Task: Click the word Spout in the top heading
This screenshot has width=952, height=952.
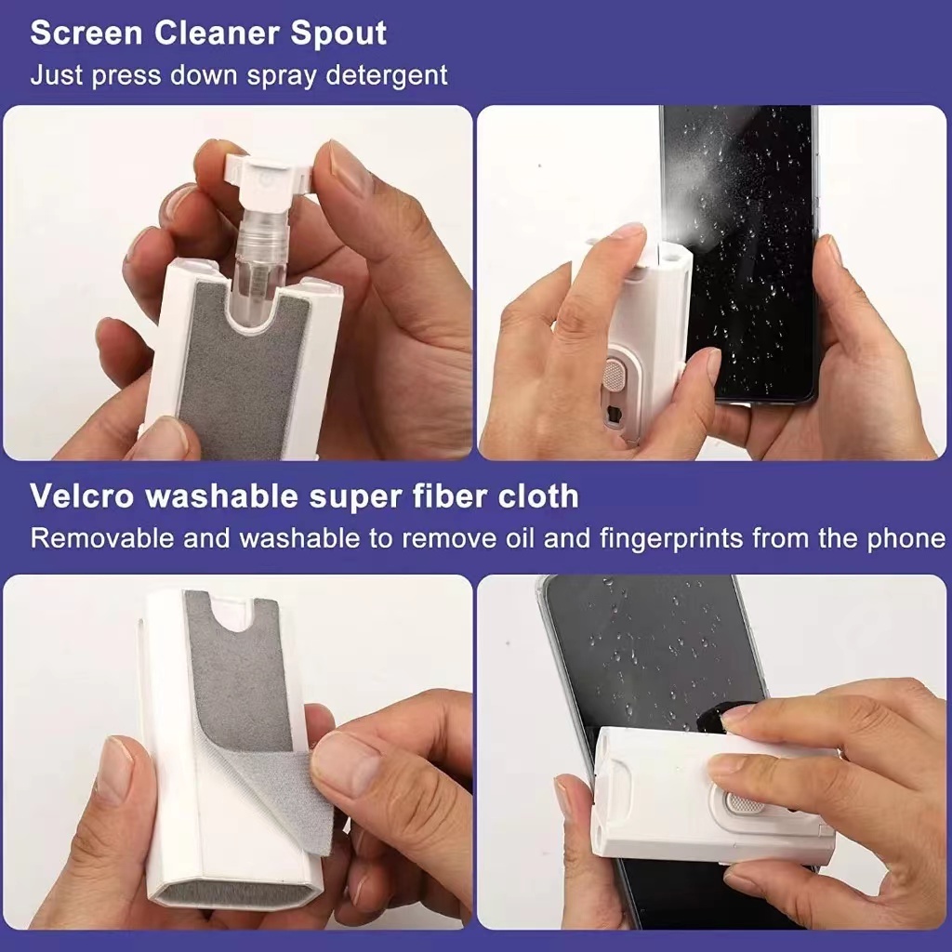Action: tap(338, 34)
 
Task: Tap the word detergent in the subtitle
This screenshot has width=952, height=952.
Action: tap(387, 75)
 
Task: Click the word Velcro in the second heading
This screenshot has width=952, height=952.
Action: tap(82, 496)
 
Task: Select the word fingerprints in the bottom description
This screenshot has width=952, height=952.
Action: tap(671, 538)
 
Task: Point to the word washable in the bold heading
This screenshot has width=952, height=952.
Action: tap(223, 496)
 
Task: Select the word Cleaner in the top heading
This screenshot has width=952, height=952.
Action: tap(217, 34)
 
